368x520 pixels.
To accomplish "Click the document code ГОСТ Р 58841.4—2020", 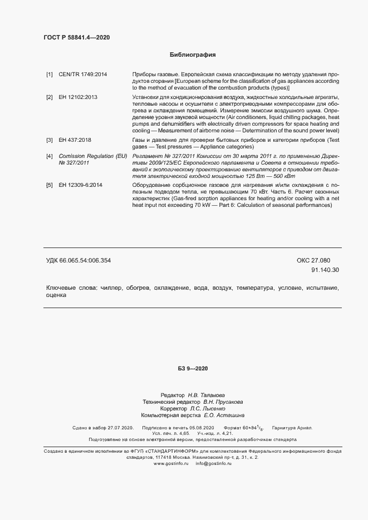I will click(77, 37).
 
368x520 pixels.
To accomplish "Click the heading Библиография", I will click(193, 55).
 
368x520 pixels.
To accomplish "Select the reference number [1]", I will click(50, 74).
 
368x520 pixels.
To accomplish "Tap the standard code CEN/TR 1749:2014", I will click(83, 74).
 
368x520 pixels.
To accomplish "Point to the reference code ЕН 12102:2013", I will click(78, 97).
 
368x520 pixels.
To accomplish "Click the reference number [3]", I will click(50, 140).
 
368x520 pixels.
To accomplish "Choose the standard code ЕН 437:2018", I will click(75, 140).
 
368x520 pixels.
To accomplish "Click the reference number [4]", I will click(50, 156).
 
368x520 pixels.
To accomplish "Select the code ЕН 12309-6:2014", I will click(80, 184).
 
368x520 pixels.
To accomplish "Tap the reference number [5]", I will click(50, 184).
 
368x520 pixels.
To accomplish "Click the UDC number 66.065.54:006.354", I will click(86, 260).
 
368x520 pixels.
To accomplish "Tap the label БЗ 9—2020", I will click(193, 369).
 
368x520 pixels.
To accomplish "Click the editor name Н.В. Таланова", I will click(207, 394).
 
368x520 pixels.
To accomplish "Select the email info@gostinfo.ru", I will click(214, 464).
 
